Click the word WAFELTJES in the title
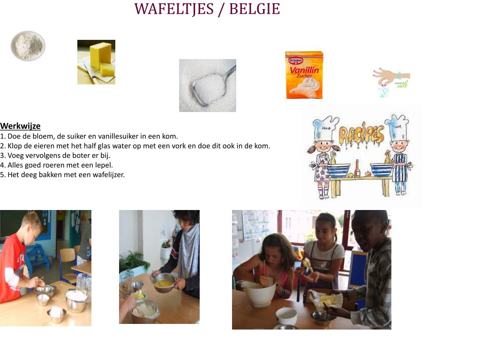coord(174,9)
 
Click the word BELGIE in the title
coord(255,9)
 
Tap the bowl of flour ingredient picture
coord(28,46)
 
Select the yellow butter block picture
coord(96,62)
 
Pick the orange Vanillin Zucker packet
coord(304,75)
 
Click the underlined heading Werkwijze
coord(20,126)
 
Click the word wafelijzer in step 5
coord(108,175)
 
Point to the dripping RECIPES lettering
coord(361,135)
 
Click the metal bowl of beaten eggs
coord(164,283)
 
